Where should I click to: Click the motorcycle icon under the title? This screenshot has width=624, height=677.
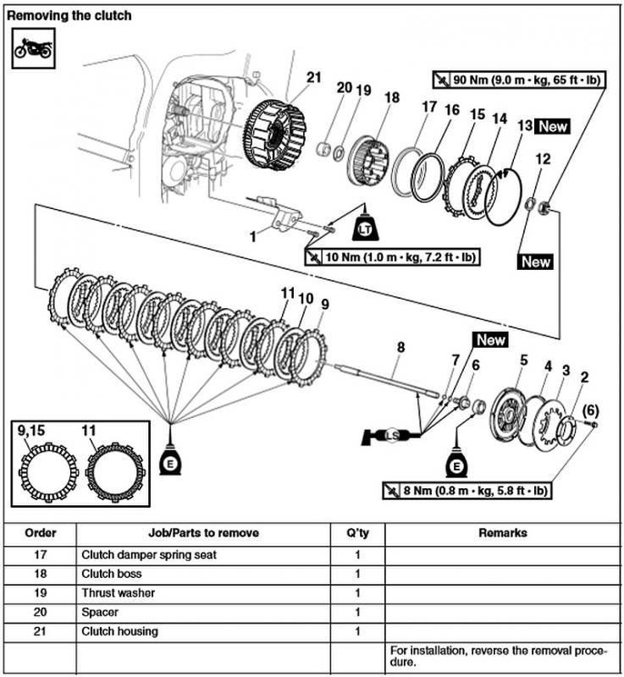(33, 47)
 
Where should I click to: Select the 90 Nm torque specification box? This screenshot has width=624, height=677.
(518, 80)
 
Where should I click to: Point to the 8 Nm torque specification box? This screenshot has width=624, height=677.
(467, 490)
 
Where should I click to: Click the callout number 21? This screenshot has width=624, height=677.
(314, 77)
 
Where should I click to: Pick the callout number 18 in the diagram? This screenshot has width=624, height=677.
(390, 98)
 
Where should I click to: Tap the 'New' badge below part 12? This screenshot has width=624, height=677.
(535, 261)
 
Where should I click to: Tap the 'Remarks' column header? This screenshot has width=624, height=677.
(502, 533)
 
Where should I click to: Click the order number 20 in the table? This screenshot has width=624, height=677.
(41, 612)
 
